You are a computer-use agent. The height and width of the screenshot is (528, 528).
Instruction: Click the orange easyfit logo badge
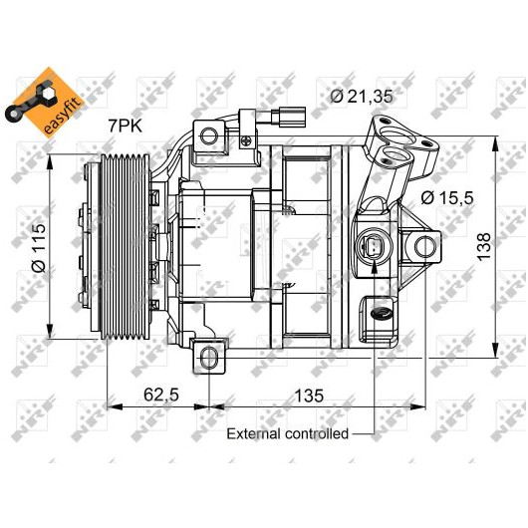(44, 101)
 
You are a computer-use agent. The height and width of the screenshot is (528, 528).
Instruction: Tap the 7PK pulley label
(125, 127)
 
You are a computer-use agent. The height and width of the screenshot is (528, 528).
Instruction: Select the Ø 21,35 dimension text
(362, 97)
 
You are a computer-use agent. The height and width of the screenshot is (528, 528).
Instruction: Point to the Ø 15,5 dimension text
(447, 197)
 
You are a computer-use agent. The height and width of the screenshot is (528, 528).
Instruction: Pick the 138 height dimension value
(484, 246)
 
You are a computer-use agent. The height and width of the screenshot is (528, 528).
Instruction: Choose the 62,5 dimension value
(161, 395)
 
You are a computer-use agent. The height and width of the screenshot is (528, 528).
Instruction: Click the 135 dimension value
(309, 396)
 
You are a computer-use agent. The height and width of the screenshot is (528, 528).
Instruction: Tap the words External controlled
(288, 433)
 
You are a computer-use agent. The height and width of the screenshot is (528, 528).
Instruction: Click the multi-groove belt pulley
(126, 246)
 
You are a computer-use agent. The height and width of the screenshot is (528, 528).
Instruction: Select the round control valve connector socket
(375, 247)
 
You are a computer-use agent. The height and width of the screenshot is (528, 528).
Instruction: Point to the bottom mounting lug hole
(209, 359)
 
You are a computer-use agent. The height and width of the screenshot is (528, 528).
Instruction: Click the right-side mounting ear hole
(425, 247)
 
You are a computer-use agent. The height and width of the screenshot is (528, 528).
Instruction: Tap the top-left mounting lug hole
(209, 135)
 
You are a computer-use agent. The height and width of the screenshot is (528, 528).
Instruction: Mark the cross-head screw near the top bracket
(247, 140)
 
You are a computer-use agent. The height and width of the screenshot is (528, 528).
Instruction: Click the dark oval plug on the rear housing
(381, 314)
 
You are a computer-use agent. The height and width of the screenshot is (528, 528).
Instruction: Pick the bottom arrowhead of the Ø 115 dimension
(50, 334)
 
